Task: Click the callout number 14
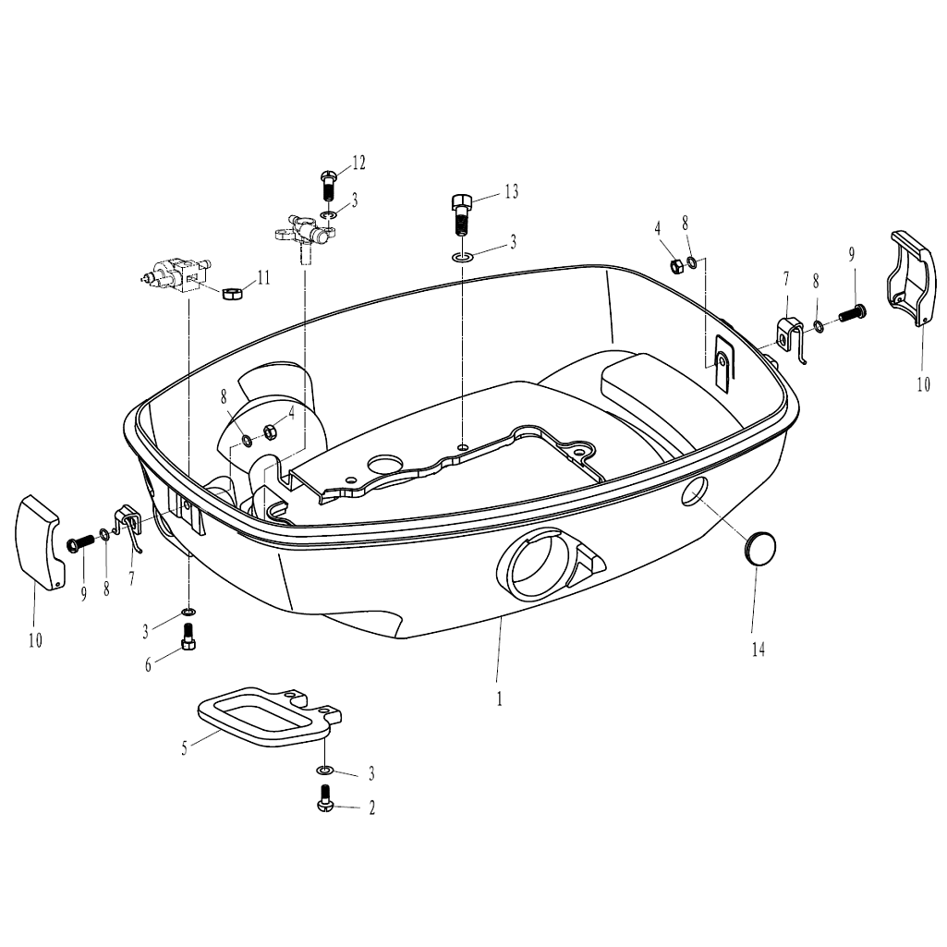coord(758,650)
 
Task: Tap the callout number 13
coord(511,191)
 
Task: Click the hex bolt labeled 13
coord(461,213)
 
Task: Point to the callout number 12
coord(358,163)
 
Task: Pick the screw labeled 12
coord(327,186)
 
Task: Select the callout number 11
coord(263,278)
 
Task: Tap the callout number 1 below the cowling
coord(500,698)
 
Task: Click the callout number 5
coord(184,749)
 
